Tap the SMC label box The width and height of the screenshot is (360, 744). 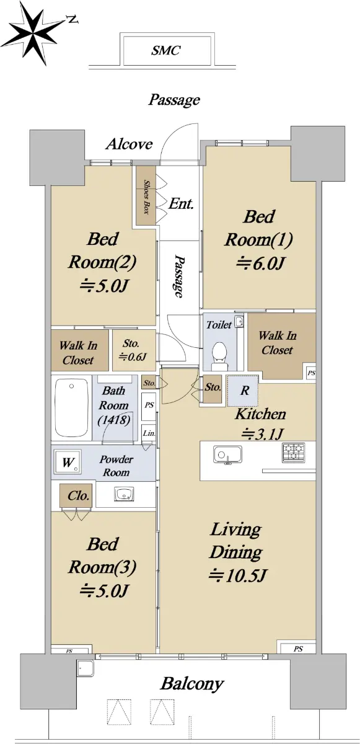(x=167, y=50)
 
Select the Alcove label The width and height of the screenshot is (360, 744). (x=129, y=144)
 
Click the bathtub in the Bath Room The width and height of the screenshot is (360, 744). (x=71, y=408)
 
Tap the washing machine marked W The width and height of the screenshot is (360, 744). (x=68, y=462)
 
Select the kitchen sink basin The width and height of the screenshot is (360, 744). (x=227, y=454)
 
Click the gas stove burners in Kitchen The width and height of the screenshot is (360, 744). (x=293, y=453)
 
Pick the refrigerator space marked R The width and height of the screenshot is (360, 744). (x=242, y=391)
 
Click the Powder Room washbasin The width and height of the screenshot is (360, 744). (x=125, y=494)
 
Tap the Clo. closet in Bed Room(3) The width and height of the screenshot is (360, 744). (x=76, y=495)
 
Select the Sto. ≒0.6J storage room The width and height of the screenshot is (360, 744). (x=134, y=350)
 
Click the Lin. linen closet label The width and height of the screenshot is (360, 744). (x=149, y=433)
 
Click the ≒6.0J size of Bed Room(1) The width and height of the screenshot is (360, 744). (x=260, y=263)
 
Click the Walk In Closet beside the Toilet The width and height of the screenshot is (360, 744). (x=282, y=345)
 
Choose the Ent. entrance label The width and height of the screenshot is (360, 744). (x=181, y=203)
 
